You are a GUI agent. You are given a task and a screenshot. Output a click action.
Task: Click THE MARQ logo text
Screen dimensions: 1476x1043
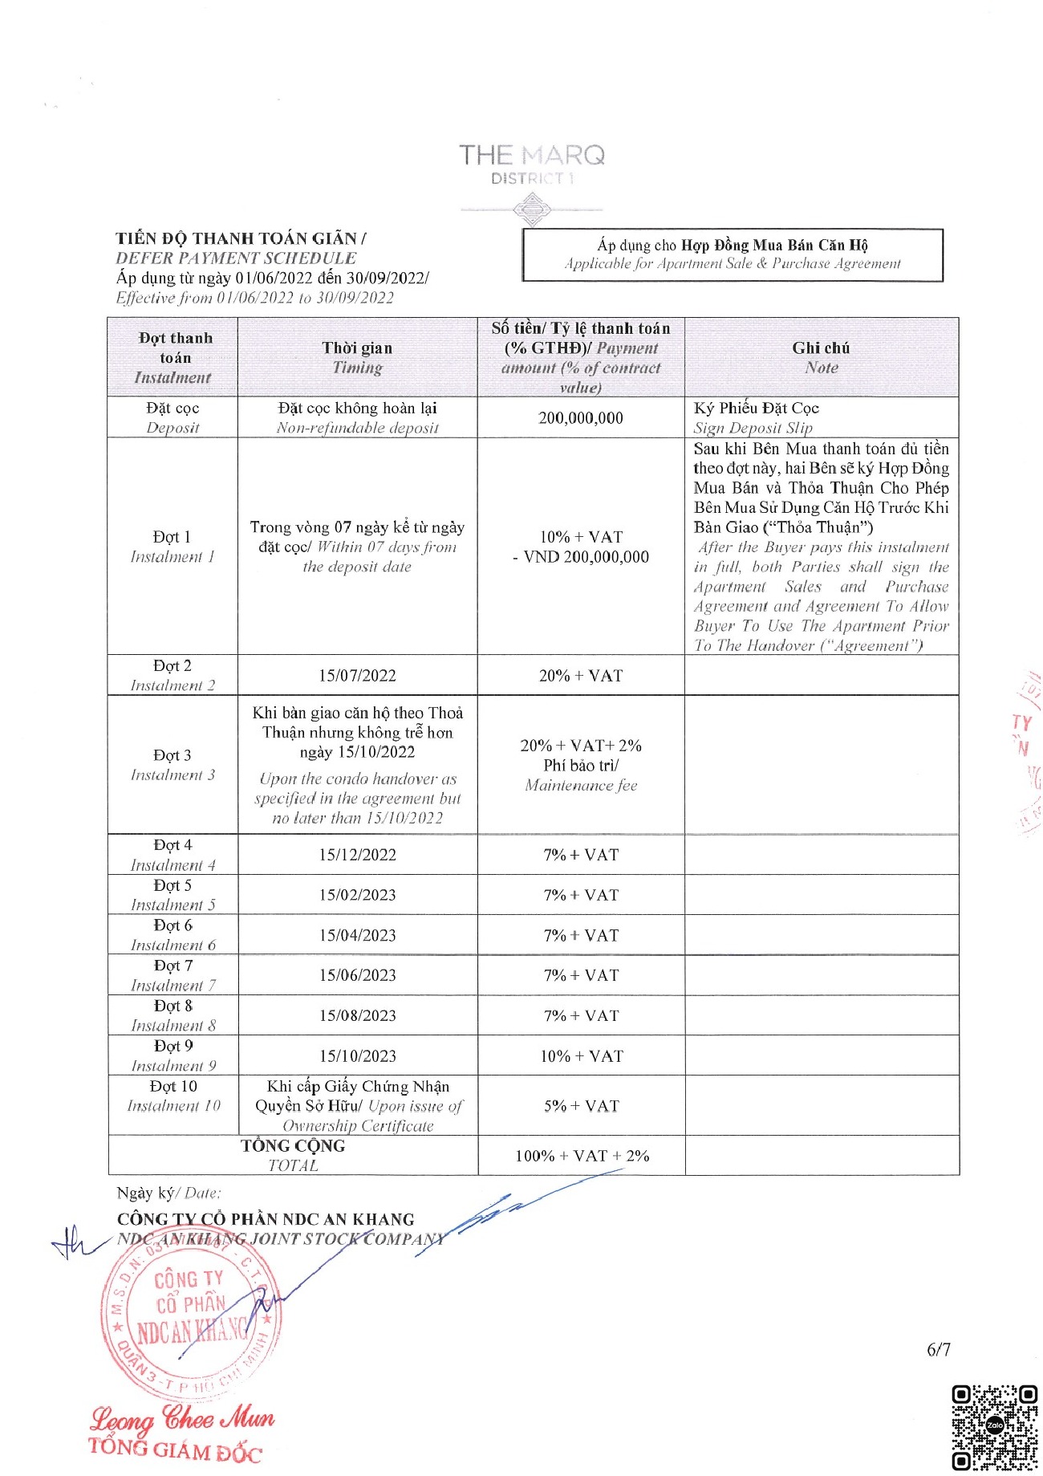click(532, 156)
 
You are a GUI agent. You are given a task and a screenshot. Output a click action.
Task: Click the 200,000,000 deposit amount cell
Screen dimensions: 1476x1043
click(580, 418)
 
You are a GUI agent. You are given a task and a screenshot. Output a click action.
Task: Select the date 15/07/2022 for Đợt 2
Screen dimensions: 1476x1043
click(357, 676)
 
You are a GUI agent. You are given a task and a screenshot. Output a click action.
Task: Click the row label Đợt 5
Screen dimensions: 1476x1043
click(172, 885)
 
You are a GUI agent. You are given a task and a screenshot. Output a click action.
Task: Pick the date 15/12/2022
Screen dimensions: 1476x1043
click(357, 855)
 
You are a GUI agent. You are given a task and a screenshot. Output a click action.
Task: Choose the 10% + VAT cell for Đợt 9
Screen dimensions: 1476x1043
click(581, 1056)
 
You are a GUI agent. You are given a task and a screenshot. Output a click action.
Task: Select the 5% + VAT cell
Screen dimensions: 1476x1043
click(581, 1106)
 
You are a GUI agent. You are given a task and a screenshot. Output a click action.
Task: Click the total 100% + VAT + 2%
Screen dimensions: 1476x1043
click(582, 1156)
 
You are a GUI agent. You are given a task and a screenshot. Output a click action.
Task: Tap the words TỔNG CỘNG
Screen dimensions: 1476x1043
click(293, 1146)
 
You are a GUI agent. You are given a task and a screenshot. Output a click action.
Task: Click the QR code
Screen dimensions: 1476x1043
click(994, 1427)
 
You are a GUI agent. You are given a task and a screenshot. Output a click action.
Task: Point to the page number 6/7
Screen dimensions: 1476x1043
click(939, 1350)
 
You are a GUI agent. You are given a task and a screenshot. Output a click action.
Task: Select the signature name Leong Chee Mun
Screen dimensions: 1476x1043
click(182, 1420)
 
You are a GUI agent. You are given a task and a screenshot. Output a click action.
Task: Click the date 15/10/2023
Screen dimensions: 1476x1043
click(357, 1056)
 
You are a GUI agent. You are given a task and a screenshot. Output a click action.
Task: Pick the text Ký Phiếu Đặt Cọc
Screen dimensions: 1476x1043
click(756, 409)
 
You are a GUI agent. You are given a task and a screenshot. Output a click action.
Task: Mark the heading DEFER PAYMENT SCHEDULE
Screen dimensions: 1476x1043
click(236, 258)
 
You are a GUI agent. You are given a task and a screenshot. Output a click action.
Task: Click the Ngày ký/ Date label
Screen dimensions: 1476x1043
click(168, 1193)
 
